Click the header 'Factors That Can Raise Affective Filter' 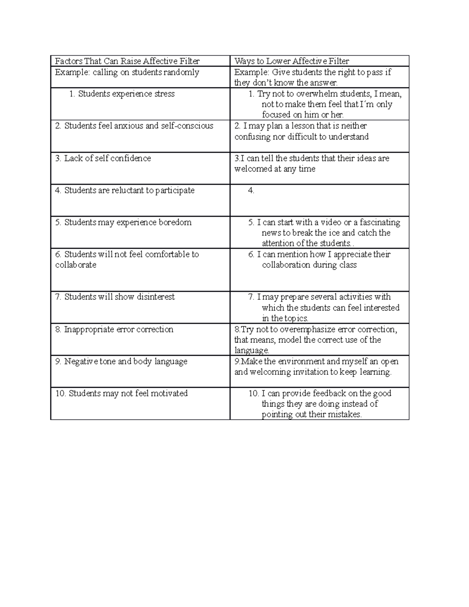pos(127,61)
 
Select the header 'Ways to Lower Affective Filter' pos(292,61)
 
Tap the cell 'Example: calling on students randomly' pos(127,72)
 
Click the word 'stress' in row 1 pos(164,94)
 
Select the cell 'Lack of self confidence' pos(107,158)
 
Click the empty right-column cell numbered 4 pos(319,200)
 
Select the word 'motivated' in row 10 pos(170,393)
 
